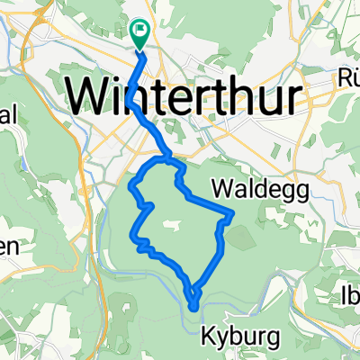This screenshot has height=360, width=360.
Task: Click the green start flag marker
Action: [x=140, y=34]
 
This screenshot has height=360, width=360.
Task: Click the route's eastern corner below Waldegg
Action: [x=233, y=212]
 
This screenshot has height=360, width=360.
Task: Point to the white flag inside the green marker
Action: [x=140, y=31]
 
